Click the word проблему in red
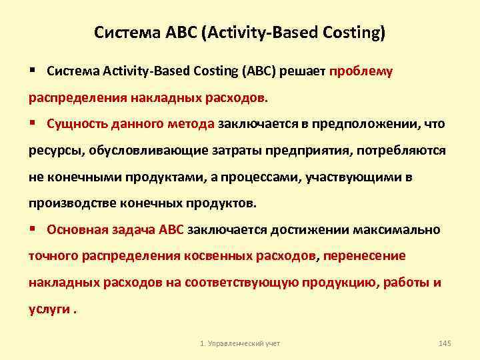361,71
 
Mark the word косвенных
217,256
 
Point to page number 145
445,343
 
